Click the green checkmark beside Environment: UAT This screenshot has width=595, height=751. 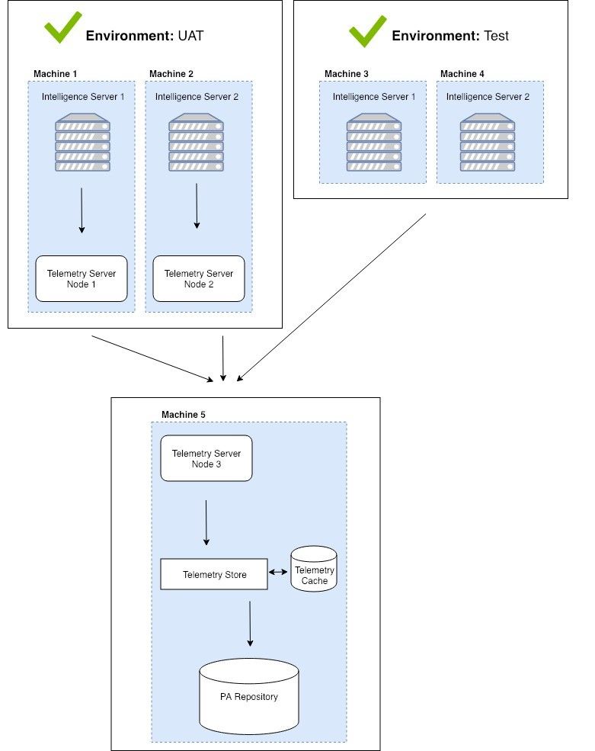(x=63, y=27)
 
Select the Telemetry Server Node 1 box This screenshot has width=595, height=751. (x=82, y=278)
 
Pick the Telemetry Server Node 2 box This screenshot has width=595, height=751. (x=199, y=278)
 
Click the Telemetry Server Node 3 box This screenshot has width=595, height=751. (x=206, y=458)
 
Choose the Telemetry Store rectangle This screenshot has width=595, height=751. (x=214, y=574)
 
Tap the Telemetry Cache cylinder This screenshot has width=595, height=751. (x=314, y=568)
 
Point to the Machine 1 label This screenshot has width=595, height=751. (x=55, y=73)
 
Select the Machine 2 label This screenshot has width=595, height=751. (x=171, y=73)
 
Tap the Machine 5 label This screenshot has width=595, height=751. (x=183, y=414)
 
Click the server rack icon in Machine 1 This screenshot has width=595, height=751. (x=82, y=143)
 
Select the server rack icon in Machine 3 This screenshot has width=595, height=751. (x=374, y=143)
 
